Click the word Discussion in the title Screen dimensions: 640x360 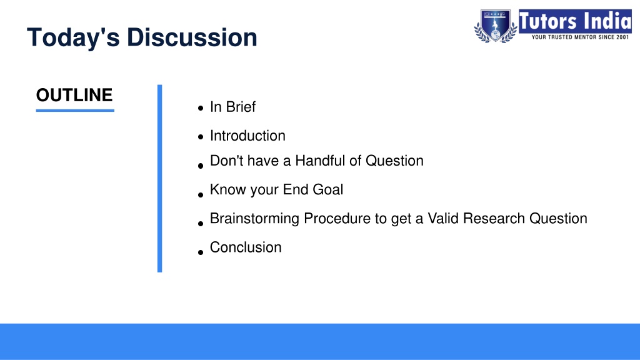192,37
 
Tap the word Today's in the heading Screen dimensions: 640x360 74,37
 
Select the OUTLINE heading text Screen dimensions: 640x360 74,95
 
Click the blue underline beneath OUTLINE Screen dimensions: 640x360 75,110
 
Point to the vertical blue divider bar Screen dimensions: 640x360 159,178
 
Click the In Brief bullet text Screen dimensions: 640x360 232,107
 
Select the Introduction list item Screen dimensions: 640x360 247,136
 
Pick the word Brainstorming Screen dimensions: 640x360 255,219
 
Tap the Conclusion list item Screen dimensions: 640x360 246,247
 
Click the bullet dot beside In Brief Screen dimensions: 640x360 201,108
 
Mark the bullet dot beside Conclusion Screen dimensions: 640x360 201,252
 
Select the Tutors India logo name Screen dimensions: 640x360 575,21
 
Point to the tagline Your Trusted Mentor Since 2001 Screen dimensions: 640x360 580,37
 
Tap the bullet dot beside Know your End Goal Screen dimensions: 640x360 201,195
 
